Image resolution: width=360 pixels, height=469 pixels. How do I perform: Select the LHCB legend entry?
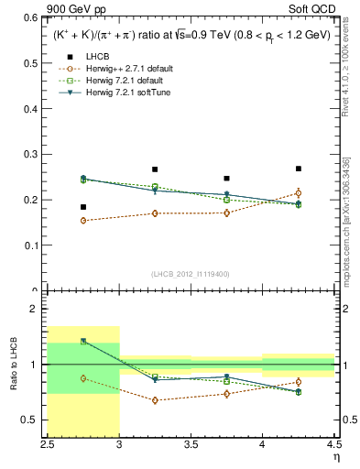tap(97, 56)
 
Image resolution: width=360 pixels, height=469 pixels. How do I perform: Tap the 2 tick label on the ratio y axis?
tap(37, 310)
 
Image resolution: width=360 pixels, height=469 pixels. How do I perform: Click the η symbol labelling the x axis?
tap(335, 459)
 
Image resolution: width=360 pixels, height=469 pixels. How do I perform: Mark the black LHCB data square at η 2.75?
tap(83, 207)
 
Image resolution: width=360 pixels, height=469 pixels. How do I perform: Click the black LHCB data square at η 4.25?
tap(298, 169)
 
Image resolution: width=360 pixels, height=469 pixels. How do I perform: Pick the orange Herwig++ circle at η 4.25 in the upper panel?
tap(298, 192)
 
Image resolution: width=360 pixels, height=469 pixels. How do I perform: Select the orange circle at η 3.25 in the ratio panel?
tap(155, 400)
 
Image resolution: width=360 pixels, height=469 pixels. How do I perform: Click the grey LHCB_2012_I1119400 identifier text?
tap(190, 274)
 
